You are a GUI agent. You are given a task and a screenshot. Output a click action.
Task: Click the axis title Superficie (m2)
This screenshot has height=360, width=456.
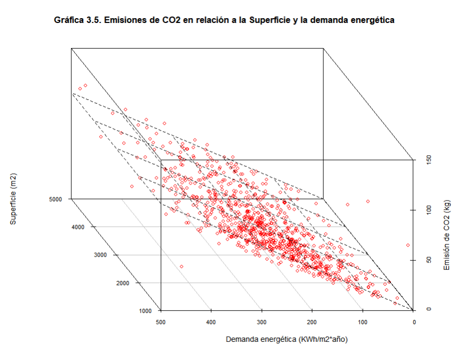(13, 198)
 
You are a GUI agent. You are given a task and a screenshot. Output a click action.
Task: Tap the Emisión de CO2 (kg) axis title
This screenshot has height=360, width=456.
(447, 235)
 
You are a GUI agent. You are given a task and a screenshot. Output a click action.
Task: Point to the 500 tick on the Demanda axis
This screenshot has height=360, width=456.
(161, 322)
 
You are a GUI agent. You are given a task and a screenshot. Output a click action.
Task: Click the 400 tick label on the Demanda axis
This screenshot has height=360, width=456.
(211, 322)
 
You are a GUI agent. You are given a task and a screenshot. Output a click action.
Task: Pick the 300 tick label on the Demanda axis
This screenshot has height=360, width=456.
(262, 322)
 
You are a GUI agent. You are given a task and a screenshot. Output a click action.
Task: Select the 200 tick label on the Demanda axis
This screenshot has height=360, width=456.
(313, 322)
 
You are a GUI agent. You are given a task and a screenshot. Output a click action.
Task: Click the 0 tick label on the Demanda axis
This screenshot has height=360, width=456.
(414, 322)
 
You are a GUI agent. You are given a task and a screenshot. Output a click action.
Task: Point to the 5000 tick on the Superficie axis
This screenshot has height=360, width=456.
(56, 199)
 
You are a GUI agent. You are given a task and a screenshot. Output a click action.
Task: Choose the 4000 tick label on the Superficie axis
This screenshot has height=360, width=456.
(78, 227)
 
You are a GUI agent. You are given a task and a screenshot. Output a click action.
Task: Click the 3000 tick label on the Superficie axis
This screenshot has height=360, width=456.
(100, 255)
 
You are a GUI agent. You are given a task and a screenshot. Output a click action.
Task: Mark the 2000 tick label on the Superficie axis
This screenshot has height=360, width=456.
(123, 283)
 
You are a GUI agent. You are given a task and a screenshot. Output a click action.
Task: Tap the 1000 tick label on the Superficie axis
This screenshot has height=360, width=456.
(145, 310)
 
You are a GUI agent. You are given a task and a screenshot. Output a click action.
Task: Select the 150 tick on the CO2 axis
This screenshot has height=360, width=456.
(428, 159)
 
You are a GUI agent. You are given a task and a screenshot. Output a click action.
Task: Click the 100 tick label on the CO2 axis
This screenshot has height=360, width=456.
(428, 210)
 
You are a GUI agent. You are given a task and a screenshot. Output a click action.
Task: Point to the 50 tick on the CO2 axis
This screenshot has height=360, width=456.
(428, 260)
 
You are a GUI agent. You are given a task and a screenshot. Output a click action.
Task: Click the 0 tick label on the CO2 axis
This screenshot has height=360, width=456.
(428, 309)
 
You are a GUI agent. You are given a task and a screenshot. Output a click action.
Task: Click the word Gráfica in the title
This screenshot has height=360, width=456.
(68, 21)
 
